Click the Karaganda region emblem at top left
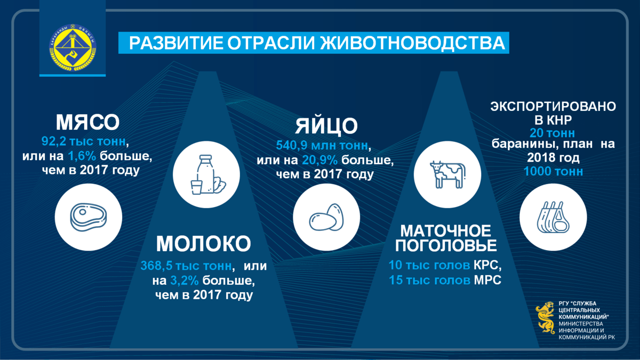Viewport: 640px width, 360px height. [73, 47]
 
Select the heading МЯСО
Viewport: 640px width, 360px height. [87, 122]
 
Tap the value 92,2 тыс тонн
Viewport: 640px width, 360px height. [83, 141]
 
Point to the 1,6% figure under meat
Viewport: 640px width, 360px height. [82, 156]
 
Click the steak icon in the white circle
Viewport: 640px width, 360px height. [89, 217]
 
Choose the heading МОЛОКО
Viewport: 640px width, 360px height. [203, 244]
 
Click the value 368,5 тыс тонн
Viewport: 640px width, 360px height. [186, 266]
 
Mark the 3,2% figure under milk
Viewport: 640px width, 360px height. [185, 281]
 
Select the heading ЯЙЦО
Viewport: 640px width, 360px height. [326, 126]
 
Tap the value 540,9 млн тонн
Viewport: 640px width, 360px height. [322, 146]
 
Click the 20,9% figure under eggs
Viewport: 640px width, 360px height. [319, 160]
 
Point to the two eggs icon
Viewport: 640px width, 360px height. [326, 217]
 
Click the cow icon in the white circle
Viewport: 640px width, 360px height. [447, 174]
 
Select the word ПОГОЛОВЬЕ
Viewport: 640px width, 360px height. [446, 245]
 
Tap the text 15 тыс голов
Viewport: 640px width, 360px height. [429, 280]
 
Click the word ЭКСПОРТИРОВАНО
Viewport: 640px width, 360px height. [553, 106]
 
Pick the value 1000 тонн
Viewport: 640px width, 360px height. [553, 171]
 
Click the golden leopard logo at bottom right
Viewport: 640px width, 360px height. [546, 317]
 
